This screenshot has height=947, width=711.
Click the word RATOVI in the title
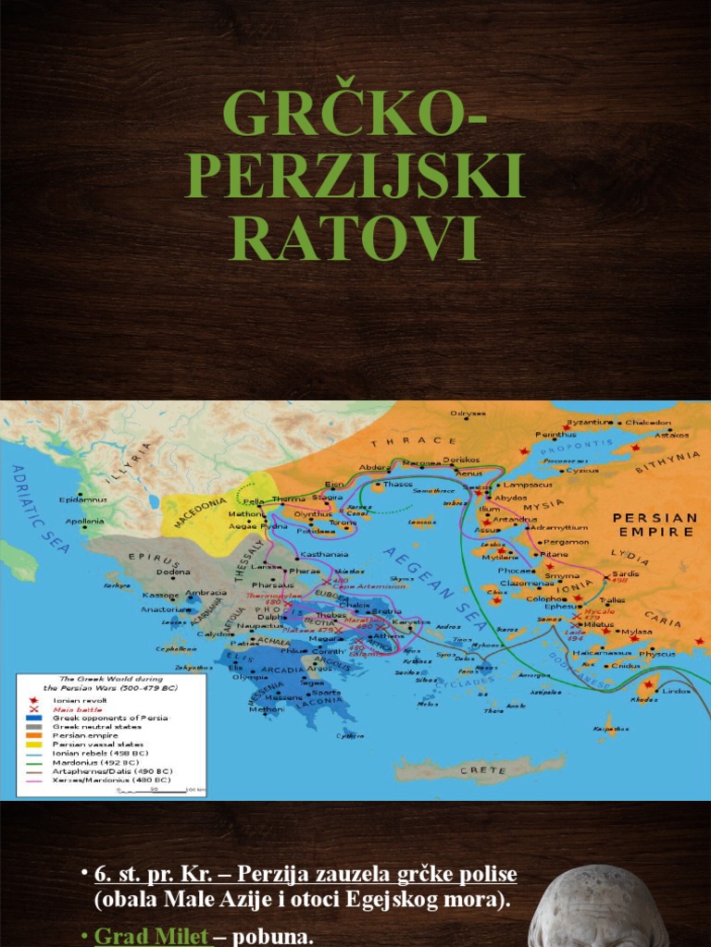[x=355, y=237]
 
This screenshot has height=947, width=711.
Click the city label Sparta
[x=325, y=693]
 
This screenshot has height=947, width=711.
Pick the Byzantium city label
[x=590, y=422]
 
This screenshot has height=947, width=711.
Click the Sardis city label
[x=626, y=573]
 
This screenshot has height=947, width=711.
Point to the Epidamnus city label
[x=83, y=499]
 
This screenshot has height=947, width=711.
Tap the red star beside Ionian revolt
[x=33, y=701]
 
